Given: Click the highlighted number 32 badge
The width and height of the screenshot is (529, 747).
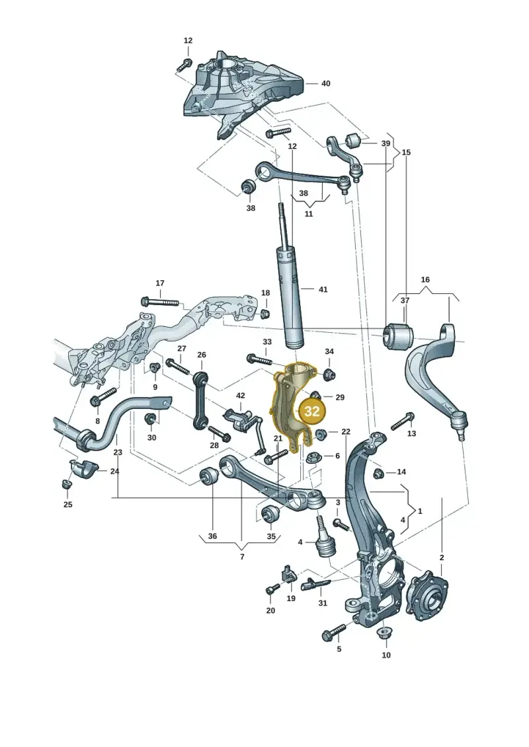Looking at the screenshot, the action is tap(312, 411).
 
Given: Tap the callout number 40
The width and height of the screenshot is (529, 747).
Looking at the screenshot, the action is tap(325, 83).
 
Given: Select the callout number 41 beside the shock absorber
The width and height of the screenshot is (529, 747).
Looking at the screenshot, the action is tap(323, 289).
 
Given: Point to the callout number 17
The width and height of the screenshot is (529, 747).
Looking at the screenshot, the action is tap(160, 283).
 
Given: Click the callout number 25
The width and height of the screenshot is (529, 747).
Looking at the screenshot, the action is tap(67, 504).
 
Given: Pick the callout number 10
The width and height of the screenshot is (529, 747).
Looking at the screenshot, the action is tap(386, 655).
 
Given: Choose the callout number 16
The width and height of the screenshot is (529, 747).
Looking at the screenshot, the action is tap(425, 279).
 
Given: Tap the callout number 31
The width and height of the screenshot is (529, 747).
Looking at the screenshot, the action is tap(323, 602).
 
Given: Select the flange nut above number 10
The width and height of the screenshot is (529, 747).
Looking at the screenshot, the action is tap(383, 635).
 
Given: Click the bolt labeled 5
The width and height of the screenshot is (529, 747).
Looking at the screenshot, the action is tap(334, 632).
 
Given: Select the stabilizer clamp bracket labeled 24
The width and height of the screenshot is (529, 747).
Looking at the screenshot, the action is tap(85, 468).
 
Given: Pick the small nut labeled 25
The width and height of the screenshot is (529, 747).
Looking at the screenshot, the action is tap(66, 484).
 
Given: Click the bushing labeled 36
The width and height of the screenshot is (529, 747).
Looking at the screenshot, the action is tap(209, 476).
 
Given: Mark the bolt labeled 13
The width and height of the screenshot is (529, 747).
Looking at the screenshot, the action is tap(403, 421).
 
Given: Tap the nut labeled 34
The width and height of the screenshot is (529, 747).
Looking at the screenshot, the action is tap(329, 374).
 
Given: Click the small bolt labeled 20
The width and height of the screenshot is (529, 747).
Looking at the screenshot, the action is tap(273, 588).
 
